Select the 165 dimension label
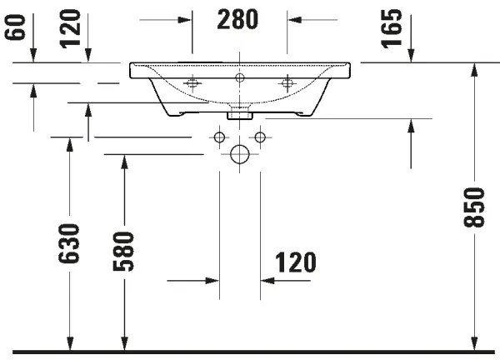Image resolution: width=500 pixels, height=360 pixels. (x=395, y=28)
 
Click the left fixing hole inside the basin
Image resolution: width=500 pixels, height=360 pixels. (x=192, y=82)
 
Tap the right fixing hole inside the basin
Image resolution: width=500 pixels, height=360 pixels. (x=289, y=82)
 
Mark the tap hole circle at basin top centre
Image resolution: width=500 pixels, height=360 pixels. (x=240, y=77)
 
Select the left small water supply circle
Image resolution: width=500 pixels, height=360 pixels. (x=220, y=137)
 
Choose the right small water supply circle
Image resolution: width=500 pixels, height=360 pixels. (x=260, y=137)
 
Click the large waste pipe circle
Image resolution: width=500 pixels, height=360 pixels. (x=240, y=154)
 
